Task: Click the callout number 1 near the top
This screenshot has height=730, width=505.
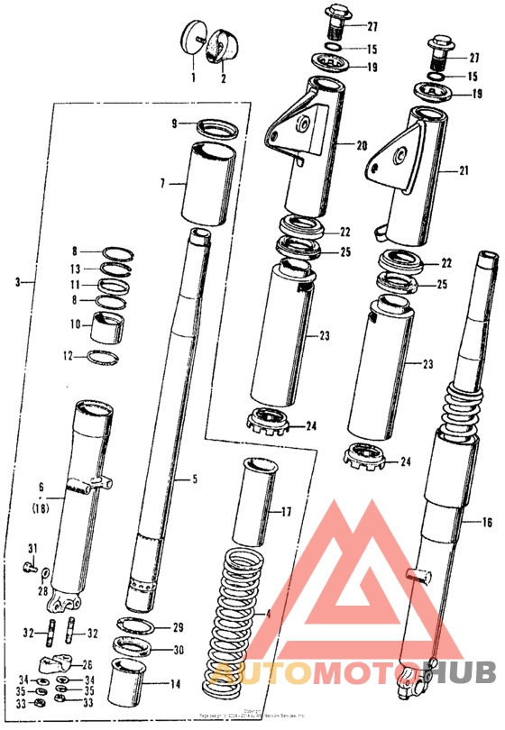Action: coord(192,78)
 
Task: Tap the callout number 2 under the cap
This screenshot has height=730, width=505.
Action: coord(223,78)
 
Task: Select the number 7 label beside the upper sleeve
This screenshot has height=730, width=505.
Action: coord(163,183)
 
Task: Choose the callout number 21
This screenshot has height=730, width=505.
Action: coord(464,169)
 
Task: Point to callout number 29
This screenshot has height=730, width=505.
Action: coord(178,626)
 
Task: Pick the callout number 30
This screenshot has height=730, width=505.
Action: coord(178,649)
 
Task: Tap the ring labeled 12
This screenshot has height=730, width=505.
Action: coord(106,357)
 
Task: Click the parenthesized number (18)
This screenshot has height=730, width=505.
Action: coord(41,509)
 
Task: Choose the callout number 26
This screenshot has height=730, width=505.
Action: coord(87,664)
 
